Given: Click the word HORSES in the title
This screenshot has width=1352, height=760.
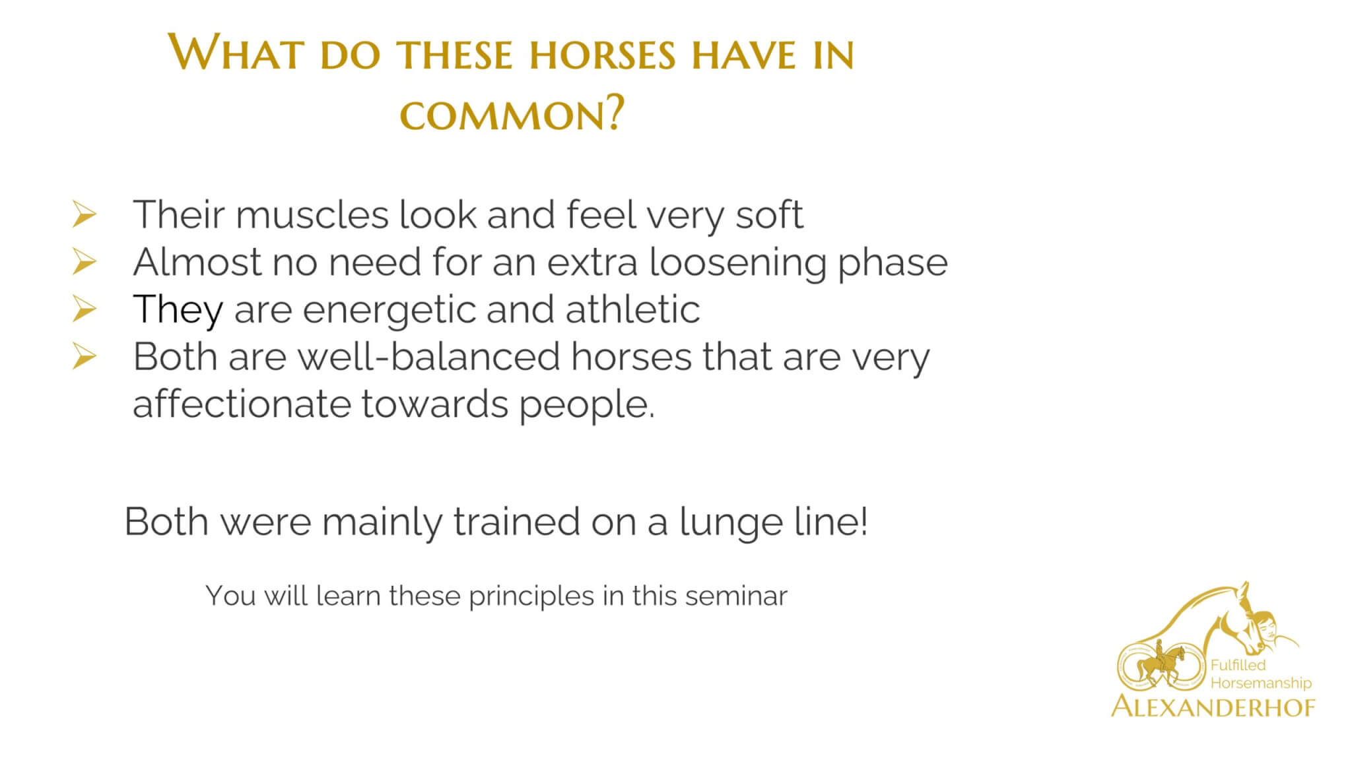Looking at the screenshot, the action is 602,55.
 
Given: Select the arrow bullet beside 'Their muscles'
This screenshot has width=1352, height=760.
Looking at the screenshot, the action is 84,215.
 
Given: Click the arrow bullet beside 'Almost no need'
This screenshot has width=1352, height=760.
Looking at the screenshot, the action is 84,263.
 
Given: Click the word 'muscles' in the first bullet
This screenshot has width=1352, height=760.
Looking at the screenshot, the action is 312,215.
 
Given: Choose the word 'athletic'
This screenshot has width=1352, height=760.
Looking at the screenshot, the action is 632,309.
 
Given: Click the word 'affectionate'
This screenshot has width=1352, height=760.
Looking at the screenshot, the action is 242,404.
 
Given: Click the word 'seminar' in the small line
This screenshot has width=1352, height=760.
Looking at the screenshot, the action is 736,596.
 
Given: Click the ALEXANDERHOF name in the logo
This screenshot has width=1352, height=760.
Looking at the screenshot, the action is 1213,707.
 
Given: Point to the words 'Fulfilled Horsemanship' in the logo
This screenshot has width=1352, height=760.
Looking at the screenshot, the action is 1261,674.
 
